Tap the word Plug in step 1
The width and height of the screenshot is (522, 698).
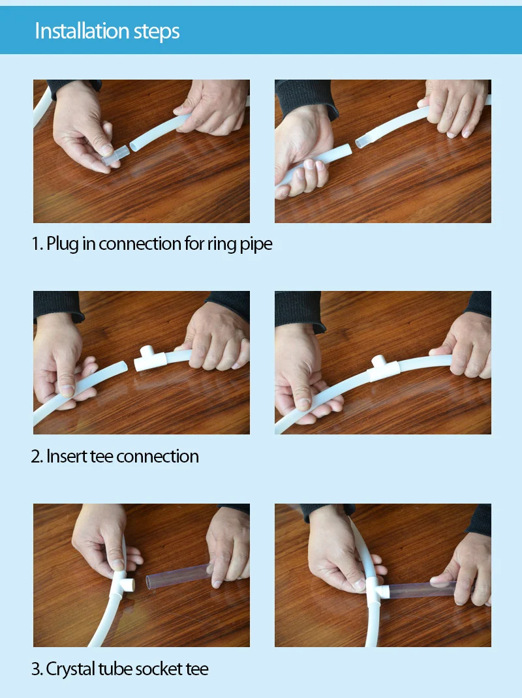(63, 245)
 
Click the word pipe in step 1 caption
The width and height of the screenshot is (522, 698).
(256, 245)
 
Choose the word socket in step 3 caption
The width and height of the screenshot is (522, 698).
(157, 669)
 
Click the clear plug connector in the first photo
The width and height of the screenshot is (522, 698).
(115, 155)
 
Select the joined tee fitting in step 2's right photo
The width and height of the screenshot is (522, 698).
(384, 369)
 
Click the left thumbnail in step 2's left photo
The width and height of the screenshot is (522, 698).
(67, 391)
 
